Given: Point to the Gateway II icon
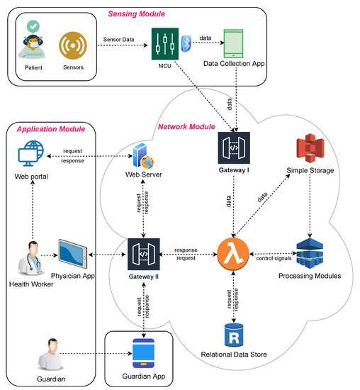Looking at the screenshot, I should (x=142, y=253).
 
